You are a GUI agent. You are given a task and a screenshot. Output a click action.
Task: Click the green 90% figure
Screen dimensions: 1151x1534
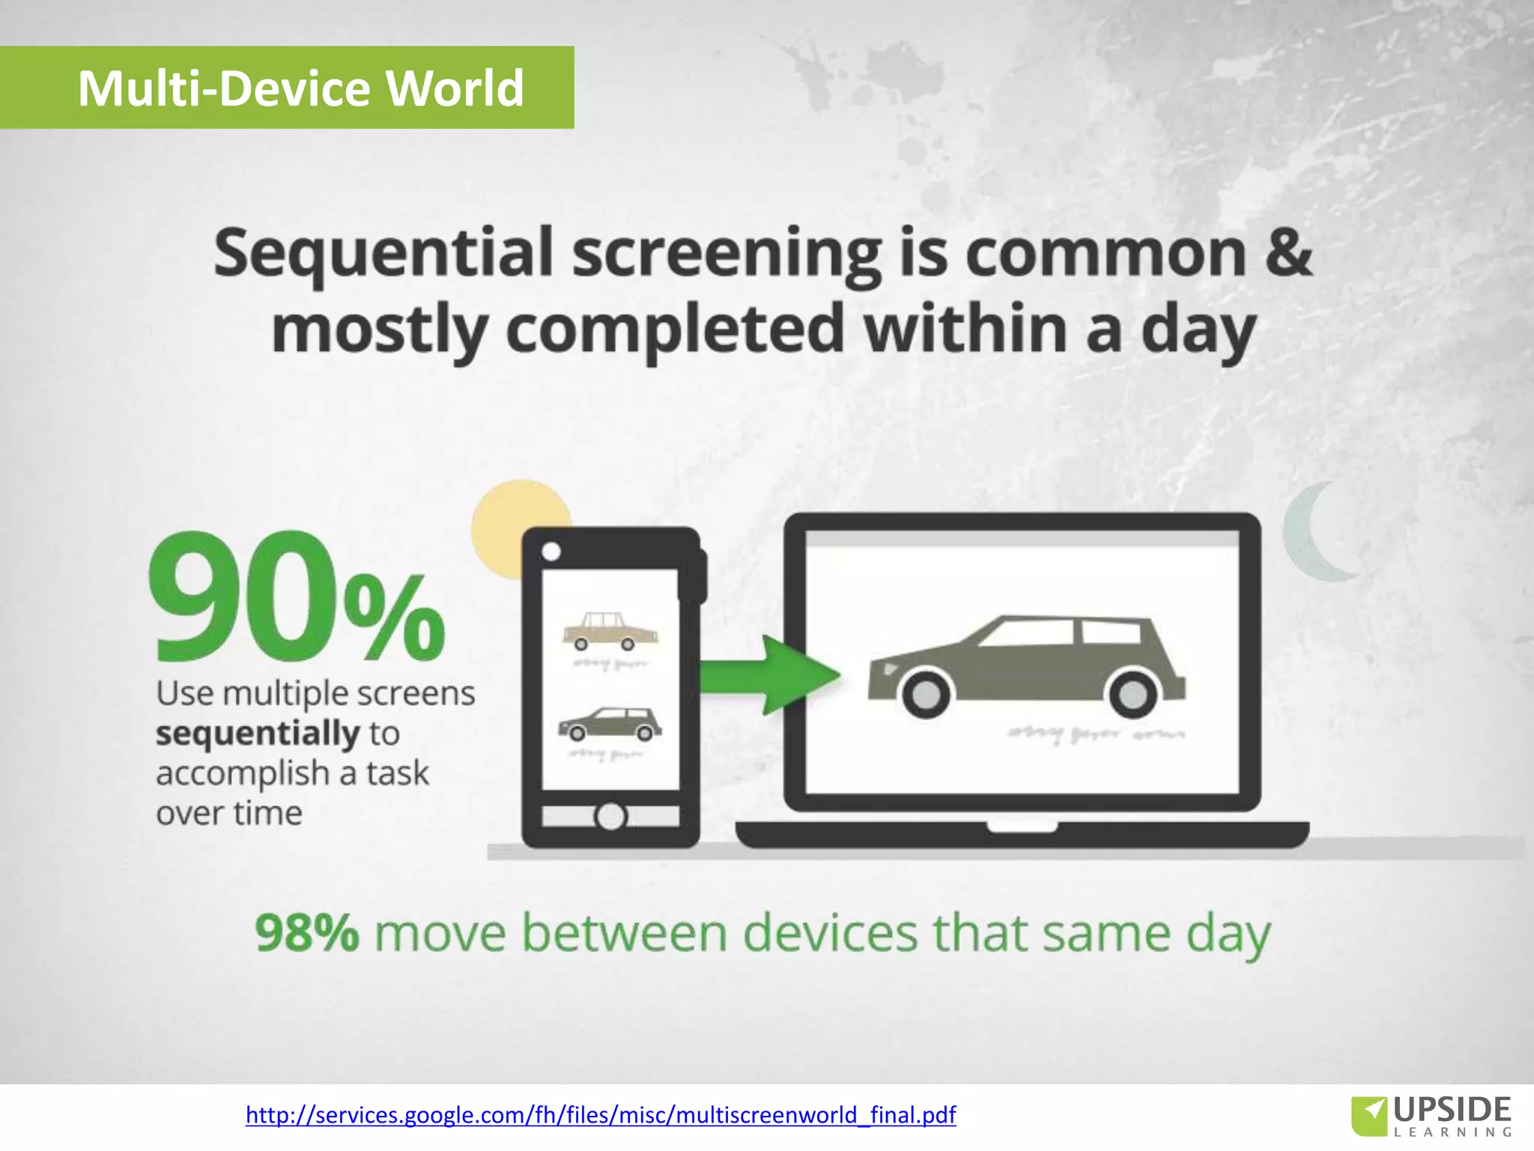point(297,598)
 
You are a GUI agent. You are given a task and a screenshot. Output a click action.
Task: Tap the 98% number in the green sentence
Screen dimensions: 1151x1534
point(306,933)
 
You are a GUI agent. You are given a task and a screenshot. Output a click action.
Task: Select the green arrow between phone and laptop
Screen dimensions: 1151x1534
point(771,674)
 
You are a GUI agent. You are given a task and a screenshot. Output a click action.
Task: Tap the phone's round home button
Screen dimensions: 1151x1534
point(610,815)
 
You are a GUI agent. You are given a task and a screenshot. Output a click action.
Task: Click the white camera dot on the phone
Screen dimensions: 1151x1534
point(551,552)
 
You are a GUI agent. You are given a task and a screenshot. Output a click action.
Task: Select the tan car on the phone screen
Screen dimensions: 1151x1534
point(609,631)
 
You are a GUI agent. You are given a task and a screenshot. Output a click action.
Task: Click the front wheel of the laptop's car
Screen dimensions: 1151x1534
point(926,694)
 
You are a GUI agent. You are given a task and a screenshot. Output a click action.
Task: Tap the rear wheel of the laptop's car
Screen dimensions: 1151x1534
point(1133,694)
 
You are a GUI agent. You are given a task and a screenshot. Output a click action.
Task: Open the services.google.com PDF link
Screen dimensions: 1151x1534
point(601,1114)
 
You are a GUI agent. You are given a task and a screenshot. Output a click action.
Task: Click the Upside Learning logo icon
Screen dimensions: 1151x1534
point(1369,1114)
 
